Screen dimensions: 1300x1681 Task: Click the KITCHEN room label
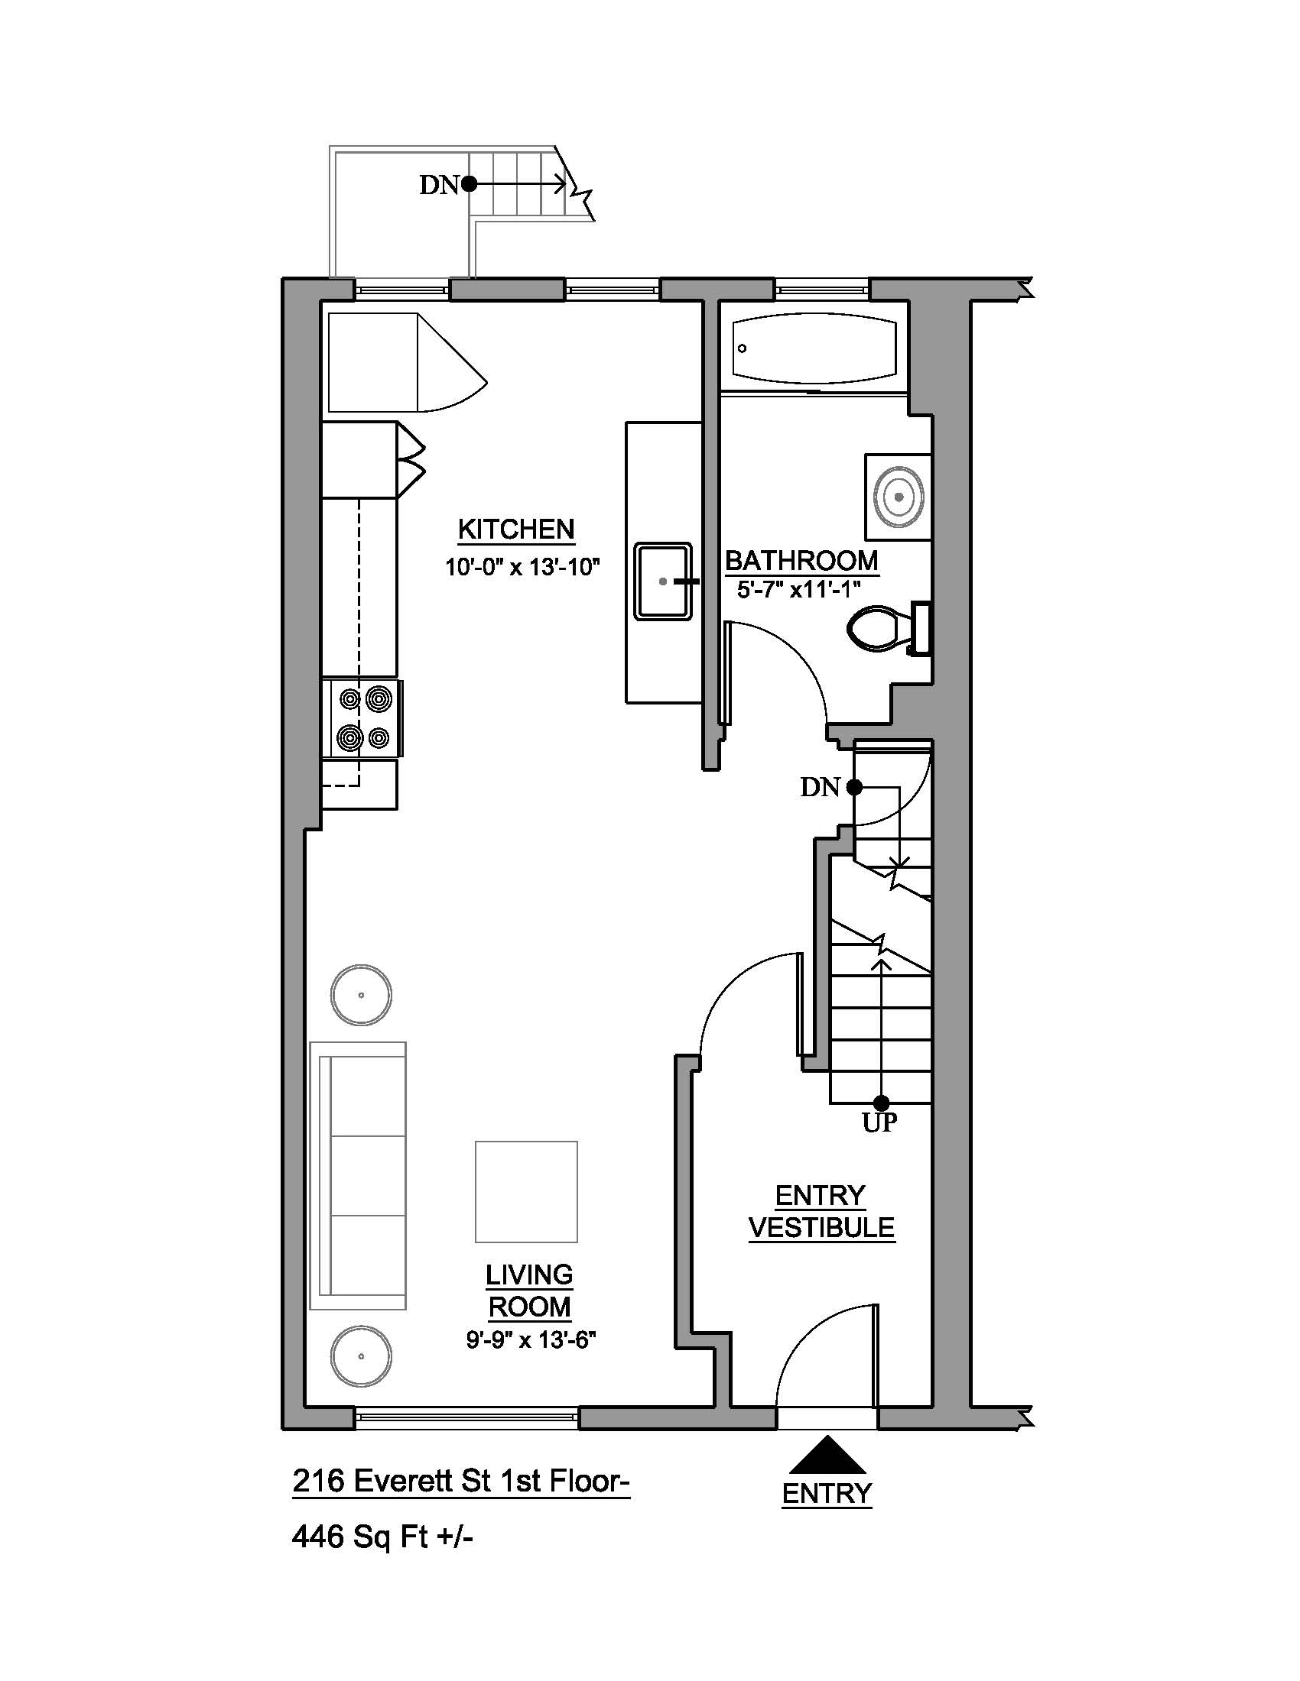click(x=516, y=530)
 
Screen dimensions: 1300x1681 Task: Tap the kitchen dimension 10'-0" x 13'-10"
click(x=522, y=567)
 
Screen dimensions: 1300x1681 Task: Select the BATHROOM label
click(x=801, y=560)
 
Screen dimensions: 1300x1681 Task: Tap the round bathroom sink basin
click(x=899, y=497)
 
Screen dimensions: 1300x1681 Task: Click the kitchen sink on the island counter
click(x=663, y=581)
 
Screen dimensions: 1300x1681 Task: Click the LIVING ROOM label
click(x=529, y=1291)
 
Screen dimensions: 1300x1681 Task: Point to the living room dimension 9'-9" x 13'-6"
click(x=531, y=1340)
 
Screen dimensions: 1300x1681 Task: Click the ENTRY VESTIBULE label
click(x=822, y=1212)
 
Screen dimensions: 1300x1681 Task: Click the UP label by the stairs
click(x=879, y=1123)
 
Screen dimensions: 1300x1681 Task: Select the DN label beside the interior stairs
click(x=821, y=787)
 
